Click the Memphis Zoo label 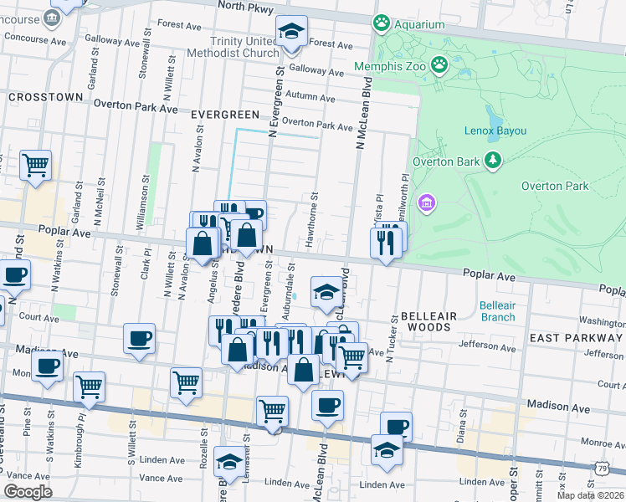pos(389,65)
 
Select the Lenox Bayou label pos(495,131)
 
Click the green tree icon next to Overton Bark pos(494,161)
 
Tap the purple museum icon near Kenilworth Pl pos(427,202)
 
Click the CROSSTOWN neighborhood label pos(45,97)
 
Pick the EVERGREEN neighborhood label pos(225,114)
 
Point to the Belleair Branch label pos(497,311)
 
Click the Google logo pos(28,491)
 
